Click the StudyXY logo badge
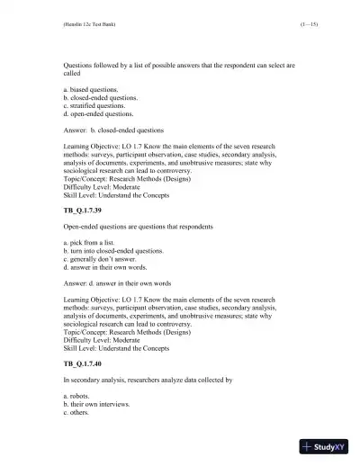tap(325, 446)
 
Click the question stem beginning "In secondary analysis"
tap(148, 381)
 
